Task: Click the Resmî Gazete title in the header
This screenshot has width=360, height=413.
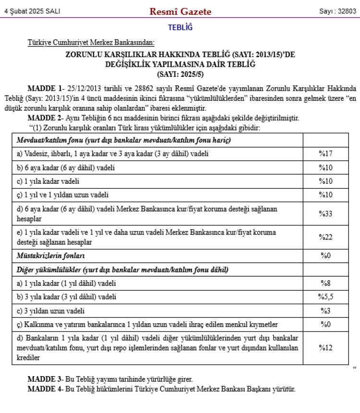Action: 180,12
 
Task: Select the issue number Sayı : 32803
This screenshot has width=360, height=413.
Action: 338,12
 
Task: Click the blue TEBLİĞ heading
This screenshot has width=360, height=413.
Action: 180,28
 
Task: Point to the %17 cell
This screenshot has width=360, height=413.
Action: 325,154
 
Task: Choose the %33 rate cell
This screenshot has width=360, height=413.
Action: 325,213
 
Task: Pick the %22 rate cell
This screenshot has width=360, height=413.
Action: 325,236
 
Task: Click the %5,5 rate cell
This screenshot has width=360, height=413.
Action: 325,297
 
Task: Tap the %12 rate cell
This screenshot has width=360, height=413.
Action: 325,348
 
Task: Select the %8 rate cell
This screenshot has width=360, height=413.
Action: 325,283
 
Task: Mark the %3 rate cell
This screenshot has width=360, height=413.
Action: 325,311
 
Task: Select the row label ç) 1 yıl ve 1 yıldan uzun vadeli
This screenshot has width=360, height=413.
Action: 62,195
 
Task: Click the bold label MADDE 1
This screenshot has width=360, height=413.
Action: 45,88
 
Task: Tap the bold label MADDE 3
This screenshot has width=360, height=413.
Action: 45,379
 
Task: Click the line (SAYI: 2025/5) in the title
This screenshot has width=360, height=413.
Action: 180,74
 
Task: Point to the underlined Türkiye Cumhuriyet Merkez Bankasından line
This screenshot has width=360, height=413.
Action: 91,44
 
